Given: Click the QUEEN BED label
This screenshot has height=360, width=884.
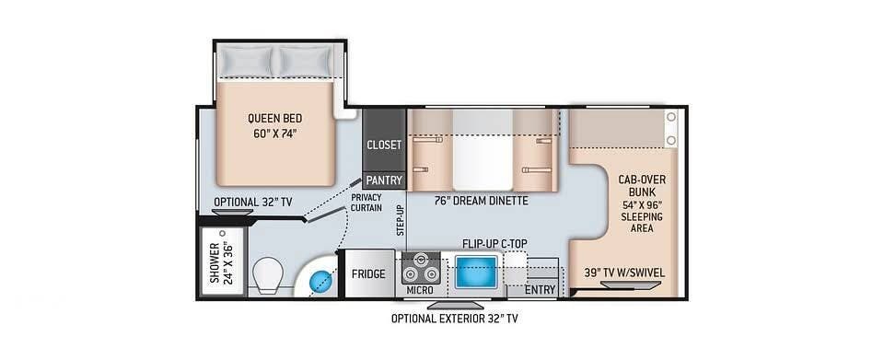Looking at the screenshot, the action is click(x=274, y=118).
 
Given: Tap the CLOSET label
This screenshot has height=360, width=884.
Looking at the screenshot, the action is click(x=384, y=145).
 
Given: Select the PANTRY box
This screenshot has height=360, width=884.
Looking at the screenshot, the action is click(x=384, y=180).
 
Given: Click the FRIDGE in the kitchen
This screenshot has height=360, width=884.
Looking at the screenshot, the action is click(x=368, y=273).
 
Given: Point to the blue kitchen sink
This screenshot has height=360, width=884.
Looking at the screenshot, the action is click(x=476, y=273).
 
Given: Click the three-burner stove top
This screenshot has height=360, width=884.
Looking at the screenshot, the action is click(x=421, y=268).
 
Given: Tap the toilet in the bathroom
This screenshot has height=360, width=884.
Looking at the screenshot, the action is click(x=268, y=276).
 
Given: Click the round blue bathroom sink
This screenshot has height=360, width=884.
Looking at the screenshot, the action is click(x=320, y=279).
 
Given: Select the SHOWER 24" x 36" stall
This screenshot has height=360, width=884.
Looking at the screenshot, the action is click(x=223, y=261).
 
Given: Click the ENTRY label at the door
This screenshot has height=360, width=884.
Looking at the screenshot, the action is click(x=541, y=290).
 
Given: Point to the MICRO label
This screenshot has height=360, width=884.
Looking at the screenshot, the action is click(x=420, y=290).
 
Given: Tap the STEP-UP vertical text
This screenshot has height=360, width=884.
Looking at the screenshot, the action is click(x=401, y=220).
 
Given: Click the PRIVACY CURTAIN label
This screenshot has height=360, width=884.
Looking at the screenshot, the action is click(x=366, y=203).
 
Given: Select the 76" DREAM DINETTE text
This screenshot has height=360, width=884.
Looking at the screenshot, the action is click(x=481, y=201).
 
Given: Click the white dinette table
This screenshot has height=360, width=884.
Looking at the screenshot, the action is click(x=483, y=149).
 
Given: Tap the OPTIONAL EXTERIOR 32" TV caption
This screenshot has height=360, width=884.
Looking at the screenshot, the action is click(x=454, y=319).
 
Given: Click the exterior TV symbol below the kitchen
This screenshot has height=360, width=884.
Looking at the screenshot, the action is click(x=455, y=305).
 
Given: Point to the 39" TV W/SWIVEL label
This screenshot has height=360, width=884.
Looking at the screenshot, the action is click(x=624, y=273).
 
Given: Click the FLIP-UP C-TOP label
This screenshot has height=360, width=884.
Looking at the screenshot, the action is click(x=494, y=244).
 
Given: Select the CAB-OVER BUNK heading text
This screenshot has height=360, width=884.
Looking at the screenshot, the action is click(x=642, y=186).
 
